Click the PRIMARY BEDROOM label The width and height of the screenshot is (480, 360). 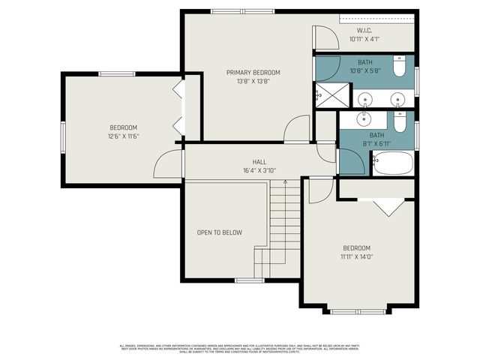[x=253, y=73]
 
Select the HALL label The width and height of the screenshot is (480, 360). [x=259, y=162]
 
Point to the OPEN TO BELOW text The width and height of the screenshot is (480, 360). [x=220, y=232]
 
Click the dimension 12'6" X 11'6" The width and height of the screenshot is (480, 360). [x=124, y=136]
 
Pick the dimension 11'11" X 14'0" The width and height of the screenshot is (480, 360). [x=357, y=256]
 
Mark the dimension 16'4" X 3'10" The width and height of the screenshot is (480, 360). [x=259, y=170]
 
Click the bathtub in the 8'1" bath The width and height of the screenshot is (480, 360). [x=393, y=163]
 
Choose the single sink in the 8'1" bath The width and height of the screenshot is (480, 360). [x=365, y=118]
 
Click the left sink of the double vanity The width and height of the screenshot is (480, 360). [x=365, y=99]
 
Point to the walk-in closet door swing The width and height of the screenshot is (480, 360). [x=320, y=37]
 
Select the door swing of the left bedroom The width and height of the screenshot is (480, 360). [x=168, y=163]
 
